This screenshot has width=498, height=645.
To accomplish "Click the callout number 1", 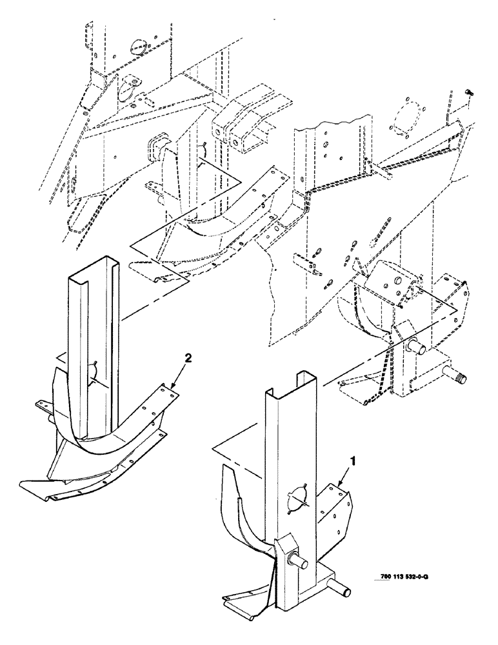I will coord(353,461).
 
